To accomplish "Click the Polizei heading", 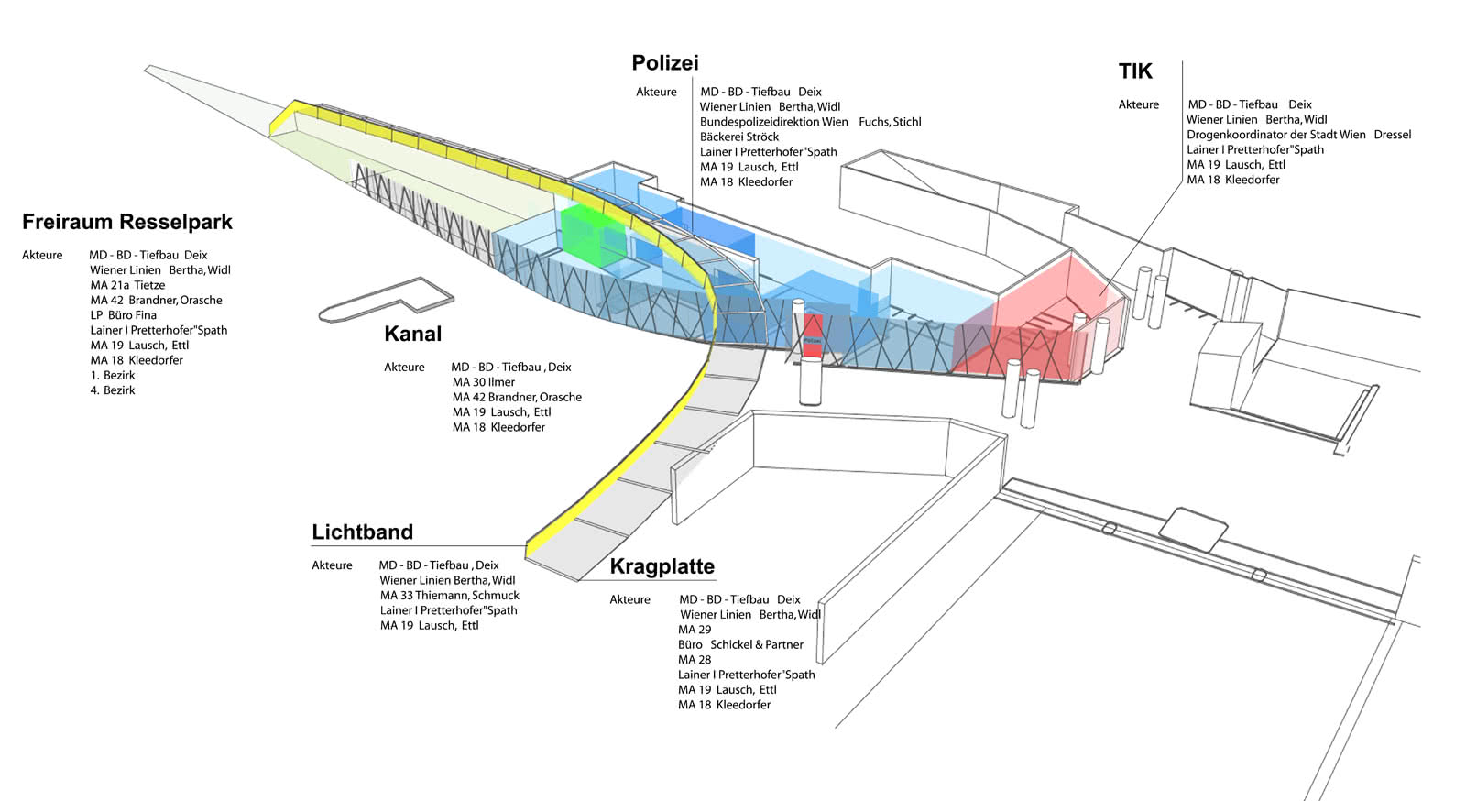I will tap(664, 62).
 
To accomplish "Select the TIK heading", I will tap(1134, 71).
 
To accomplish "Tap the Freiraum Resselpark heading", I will tap(127, 222).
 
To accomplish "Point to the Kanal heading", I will tap(412, 334).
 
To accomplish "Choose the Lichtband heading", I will tap(362, 532).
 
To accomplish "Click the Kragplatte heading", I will tap(662, 566).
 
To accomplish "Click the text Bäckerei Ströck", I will tap(738, 137).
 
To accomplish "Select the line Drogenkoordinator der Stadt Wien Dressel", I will tap(1298, 135).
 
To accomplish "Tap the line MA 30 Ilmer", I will tap(484, 382).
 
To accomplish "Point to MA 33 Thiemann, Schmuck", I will tap(449, 596).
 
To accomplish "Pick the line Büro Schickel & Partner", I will tap(740, 644).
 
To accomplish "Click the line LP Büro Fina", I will tap(123, 315).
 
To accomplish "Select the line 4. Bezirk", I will tap(113, 390).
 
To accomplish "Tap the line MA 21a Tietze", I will tap(127, 285).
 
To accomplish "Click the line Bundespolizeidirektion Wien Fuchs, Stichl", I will tap(810, 122).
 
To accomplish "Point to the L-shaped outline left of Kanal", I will tap(385, 299).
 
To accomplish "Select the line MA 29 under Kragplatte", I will tap(695, 630).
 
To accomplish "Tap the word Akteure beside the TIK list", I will tap(1138, 104).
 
